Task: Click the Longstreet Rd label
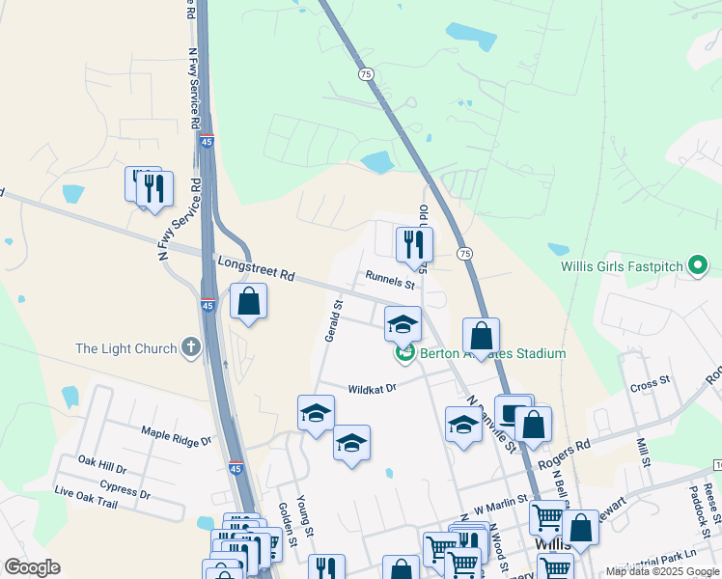[x=256, y=268]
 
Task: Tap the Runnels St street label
[x=389, y=280]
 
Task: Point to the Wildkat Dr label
[x=372, y=388]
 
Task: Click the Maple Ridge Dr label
[x=176, y=436]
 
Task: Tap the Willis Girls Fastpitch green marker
[x=698, y=265]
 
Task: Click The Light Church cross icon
[x=191, y=347]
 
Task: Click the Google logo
[x=32, y=567]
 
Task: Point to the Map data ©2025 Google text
[x=661, y=571]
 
